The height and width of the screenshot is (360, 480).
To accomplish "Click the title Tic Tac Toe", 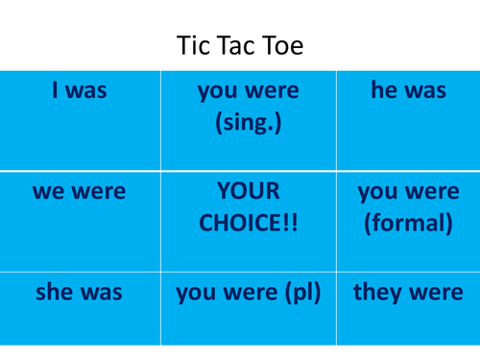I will click(239, 45).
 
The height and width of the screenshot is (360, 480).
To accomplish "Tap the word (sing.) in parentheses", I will click(248, 125).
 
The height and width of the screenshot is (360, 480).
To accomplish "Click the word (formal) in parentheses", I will click(407, 224).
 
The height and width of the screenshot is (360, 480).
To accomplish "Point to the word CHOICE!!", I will click(248, 224).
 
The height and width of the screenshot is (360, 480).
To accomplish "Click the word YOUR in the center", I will click(248, 191).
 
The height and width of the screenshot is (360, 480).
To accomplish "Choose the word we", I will click(49, 191).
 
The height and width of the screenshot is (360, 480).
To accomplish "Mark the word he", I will click(384, 91).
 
